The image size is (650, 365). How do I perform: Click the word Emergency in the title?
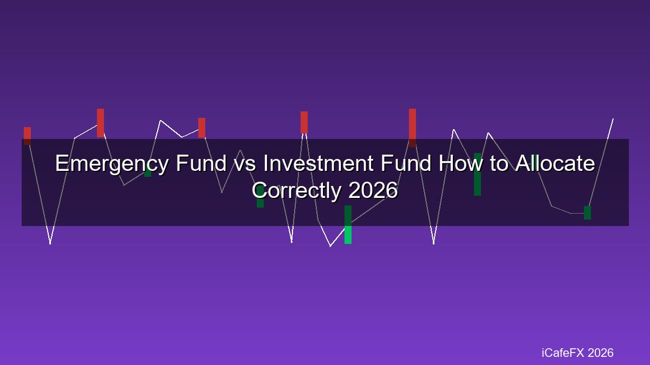[x=112, y=164]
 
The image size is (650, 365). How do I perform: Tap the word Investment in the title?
[x=318, y=163]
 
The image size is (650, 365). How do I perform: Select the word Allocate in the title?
[x=555, y=163]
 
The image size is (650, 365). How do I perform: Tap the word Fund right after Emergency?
[x=201, y=163]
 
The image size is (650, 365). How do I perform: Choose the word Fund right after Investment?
[x=406, y=163]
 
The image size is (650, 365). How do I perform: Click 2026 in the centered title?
[x=373, y=190]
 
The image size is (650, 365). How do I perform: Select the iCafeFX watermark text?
[x=562, y=353]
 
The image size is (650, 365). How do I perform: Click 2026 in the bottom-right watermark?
[x=600, y=353]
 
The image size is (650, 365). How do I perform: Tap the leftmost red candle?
[x=27, y=136]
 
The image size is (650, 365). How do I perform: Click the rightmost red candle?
[x=412, y=128]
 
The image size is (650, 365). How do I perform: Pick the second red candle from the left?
[x=100, y=123]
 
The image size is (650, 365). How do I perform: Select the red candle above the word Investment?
[x=304, y=122]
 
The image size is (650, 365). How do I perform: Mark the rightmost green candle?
[x=587, y=213]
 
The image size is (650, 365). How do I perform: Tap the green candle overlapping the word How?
[x=477, y=174]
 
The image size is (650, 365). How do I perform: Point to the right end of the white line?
[x=613, y=118]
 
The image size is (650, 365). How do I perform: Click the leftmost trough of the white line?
[x=50, y=244]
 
